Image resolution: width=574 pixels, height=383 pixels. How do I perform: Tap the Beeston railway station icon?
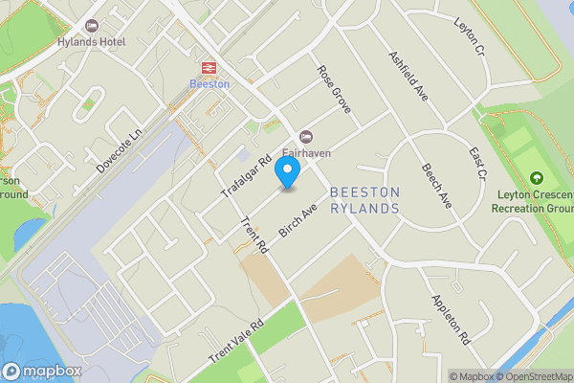pyautogui.click(x=209, y=67)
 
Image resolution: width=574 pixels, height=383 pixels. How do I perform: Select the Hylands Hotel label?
pyautogui.click(x=92, y=43)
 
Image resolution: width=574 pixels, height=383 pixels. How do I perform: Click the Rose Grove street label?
pyautogui.click(x=335, y=89)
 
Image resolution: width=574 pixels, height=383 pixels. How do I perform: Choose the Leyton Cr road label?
pyautogui.click(x=470, y=37)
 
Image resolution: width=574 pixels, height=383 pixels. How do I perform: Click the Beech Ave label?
pyautogui.click(x=437, y=186)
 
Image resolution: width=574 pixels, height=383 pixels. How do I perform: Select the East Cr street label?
pyautogui.click(x=476, y=164)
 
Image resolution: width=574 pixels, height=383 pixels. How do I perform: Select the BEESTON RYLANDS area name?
pyautogui.click(x=364, y=200)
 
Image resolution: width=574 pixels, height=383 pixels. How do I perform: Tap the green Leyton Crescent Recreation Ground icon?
pyautogui.click(x=536, y=178)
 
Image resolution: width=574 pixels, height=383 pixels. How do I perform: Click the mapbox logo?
pyautogui.click(x=41, y=372)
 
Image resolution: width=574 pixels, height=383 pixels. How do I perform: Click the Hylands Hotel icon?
pyautogui.click(x=92, y=25)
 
